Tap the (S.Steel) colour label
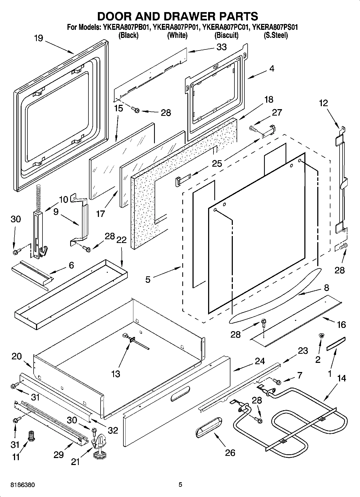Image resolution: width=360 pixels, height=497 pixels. click(276, 35)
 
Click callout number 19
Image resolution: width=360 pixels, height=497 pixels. click(38, 38)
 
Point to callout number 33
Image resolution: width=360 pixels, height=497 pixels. click(222, 47)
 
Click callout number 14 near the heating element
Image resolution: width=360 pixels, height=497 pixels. click(341, 378)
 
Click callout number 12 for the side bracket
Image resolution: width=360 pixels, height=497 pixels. click(324, 103)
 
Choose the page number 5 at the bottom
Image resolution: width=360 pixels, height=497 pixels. click(180, 485)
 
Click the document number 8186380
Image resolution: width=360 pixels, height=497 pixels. click(22, 485)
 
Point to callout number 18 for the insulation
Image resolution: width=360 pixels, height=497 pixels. click(269, 99)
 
